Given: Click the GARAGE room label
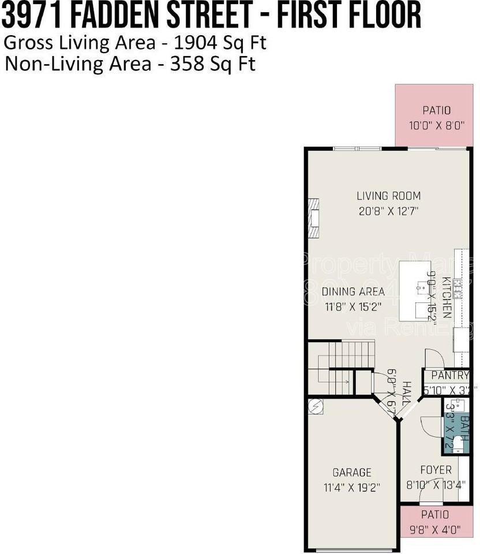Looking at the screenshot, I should tap(352, 472).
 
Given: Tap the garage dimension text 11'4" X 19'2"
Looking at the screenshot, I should tap(352, 486).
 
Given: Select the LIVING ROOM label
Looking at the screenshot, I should tap(388, 196).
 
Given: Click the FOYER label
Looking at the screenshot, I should tap(436, 470).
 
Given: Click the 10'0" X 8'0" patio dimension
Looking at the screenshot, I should tap(436, 125).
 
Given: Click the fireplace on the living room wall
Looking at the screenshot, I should tap(313, 219).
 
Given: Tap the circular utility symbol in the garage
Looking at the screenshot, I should tap(315, 405).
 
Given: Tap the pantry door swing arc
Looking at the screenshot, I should tap(434, 358).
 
